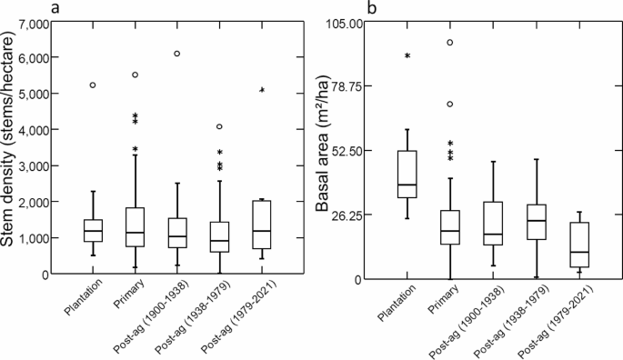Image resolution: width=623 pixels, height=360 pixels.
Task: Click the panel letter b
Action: [371, 8]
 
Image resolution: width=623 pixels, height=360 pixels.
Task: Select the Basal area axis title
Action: [323, 150]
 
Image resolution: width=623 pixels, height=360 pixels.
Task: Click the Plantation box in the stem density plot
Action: [93, 231]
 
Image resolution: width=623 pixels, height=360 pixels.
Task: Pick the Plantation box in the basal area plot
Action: [407, 174]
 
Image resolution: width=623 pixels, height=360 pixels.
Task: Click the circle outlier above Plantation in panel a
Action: [93, 85]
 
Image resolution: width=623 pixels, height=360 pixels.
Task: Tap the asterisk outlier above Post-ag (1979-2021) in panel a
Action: [262, 91]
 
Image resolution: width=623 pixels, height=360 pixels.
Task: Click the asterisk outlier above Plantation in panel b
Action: [407, 56]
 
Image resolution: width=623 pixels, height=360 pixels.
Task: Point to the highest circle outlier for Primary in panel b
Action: [449, 43]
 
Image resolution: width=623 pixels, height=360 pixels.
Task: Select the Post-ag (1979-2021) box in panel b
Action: [578, 245]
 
